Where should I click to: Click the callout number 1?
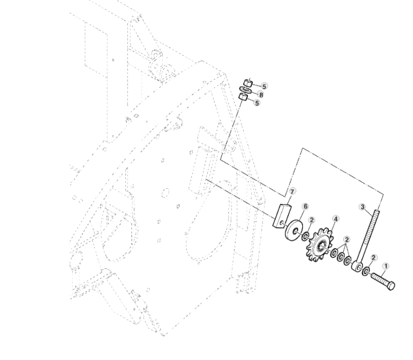click(x=385, y=267)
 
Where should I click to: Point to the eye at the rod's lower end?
click(x=357, y=265)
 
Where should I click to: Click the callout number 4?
click(x=336, y=218)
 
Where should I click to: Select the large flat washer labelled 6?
click(x=291, y=230)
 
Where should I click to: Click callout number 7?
click(x=292, y=190)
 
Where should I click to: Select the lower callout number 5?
click(x=257, y=103)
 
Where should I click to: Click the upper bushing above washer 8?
click(x=246, y=82)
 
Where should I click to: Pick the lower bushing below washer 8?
click(x=243, y=97)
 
